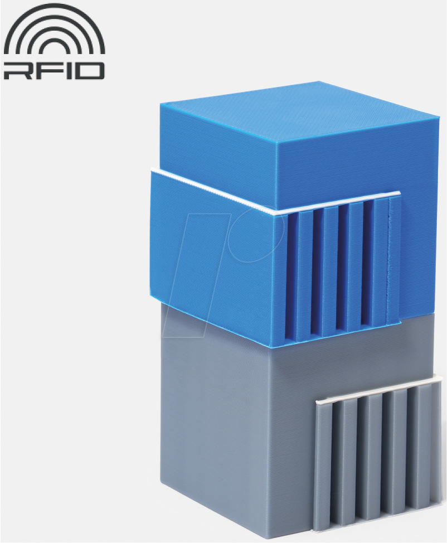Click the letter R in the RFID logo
click(16, 70)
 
